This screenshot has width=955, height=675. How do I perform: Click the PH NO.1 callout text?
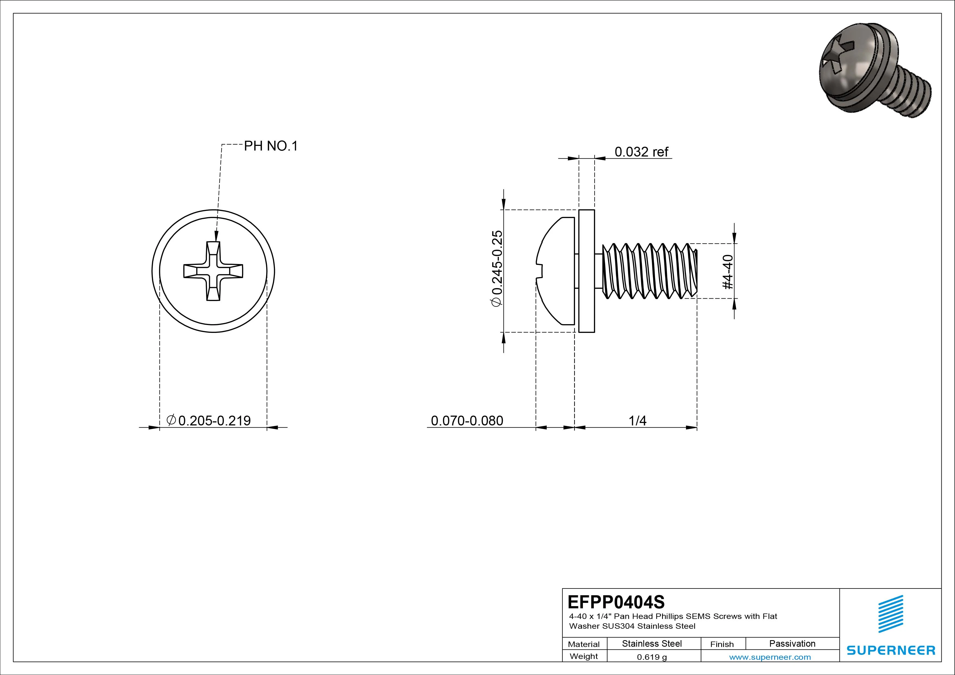[x=271, y=146]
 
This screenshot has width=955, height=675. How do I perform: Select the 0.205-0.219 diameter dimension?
[x=209, y=421]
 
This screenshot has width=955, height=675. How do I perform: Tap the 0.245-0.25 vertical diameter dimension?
[x=497, y=269]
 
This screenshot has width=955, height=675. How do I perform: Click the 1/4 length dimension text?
[x=637, y=421]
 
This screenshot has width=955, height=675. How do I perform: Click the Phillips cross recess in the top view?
[x=213, y=271]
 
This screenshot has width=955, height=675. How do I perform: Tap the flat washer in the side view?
[x=586, y=271]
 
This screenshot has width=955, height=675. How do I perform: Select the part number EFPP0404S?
[x=616, y=602]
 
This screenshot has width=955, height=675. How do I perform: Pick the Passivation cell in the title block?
[x=792, y=643]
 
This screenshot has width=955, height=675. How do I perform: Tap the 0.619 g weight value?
[x=652, y=657]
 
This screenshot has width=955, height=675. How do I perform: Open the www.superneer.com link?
[x=770, y=657]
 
